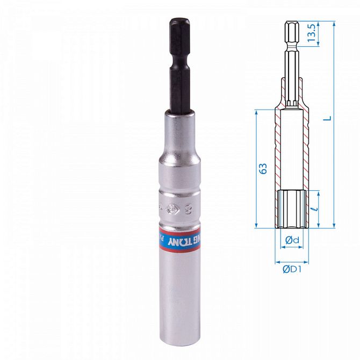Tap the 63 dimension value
pyautogui.click(x=263, y=169)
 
